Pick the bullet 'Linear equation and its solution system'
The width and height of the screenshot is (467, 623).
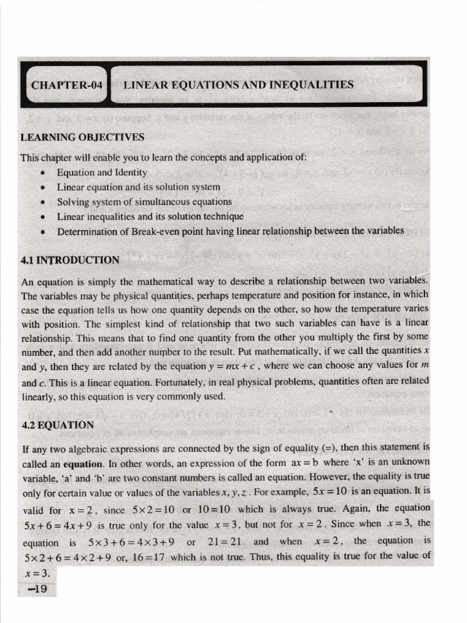(139, 187)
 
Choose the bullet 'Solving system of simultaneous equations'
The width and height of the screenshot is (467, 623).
(144, 201)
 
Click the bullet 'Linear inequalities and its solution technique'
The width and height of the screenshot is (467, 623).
(150, 216)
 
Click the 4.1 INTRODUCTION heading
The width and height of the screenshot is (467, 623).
(70, 260)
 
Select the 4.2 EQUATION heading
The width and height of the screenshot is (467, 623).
(57, 425)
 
